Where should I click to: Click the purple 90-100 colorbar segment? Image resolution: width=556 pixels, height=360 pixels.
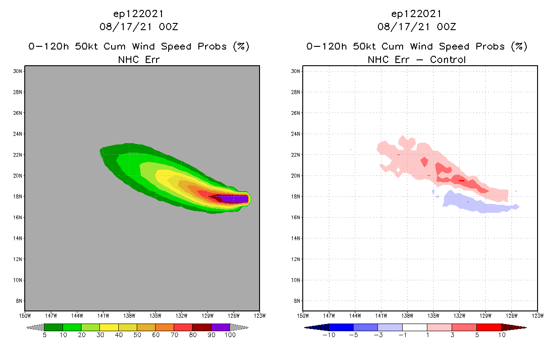(220, 327)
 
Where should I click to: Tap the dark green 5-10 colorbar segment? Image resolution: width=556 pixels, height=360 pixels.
(54, 327)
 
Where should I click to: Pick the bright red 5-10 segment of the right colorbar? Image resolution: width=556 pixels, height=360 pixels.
(489, 327)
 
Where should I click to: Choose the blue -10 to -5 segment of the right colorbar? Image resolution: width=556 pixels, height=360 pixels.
(341, 327)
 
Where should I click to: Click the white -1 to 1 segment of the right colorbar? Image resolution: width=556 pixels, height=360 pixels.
(414, 327)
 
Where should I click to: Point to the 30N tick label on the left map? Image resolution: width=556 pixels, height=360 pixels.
(18, 71)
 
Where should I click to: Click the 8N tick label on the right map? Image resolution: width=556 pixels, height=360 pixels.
(296, 301)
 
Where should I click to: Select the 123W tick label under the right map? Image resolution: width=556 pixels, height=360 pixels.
(537, 315)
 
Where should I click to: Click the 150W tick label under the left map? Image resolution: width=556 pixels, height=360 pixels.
(25, 315)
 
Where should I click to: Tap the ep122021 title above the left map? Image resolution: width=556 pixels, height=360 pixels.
(139, 13)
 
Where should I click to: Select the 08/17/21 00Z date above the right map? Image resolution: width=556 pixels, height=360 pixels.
(417, 27)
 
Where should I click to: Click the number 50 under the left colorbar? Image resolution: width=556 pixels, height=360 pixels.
(137, 335)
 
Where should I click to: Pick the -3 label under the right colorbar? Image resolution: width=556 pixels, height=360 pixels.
(378, 335)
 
